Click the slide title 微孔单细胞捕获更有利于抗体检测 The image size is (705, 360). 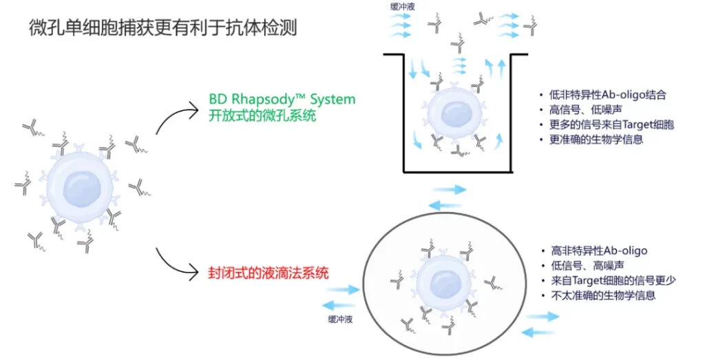(x=163, y=28)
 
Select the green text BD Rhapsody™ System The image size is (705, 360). (x=282, y=99)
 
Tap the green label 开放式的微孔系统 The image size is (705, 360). (x=262, y=116)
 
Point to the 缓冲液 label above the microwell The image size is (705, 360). (x=403, y=6)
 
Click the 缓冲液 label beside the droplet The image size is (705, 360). (x=340, y=319)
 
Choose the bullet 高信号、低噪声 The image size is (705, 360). (x=586, y=109)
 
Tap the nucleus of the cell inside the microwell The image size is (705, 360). (x=455, y=114)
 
